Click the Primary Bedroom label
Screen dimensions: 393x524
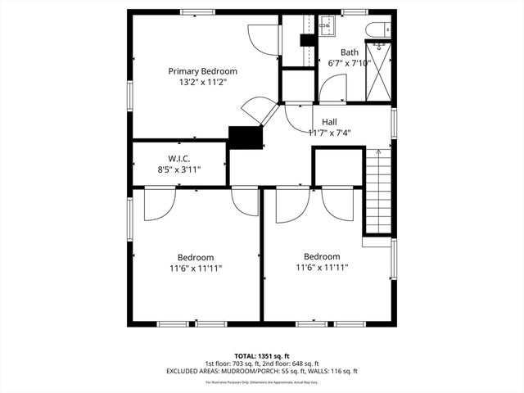196,71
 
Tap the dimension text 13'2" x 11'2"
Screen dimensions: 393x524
196,82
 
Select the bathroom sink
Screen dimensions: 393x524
326,25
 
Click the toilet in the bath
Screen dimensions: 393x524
378,29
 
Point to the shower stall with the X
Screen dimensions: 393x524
377,70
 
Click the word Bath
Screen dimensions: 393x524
350,52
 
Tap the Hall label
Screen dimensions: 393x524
329,122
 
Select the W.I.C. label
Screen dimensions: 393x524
179,159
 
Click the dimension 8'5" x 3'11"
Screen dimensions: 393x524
179,169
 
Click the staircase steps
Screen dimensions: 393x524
378,196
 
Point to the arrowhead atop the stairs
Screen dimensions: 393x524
378,151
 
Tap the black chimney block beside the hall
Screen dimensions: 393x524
244,138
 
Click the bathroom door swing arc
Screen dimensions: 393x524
334,88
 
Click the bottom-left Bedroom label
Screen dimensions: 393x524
196,257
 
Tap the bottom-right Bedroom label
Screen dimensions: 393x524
322,256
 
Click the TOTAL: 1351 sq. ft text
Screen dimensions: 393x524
262,356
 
